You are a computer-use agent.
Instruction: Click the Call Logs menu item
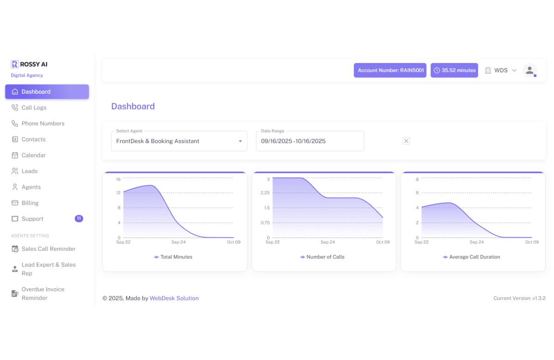pyautogui.click(x=34, y=108)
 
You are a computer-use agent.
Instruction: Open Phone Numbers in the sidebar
pyautogui.click(x=42, y=123)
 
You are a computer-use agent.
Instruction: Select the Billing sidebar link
pyautogui.click(x=30, y=203)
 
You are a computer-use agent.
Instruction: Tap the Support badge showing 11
pyautogui.click(x=79, y=219)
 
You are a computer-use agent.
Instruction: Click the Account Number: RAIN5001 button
pyautogui.click(x=390, y=70)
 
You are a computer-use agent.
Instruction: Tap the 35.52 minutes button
pyautogui.click(x=454, y=70)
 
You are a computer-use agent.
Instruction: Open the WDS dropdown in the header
pyautogui.click(x=501, y=70)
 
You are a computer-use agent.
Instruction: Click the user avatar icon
pyautogui.click(x=530, y=70)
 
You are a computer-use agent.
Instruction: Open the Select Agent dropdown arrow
pyautogui.click(x=240, y=141)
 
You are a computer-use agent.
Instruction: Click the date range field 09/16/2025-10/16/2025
pyautogui.click(x=310, y=141)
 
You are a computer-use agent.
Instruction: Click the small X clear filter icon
pyautogui.click(x=406, y=141)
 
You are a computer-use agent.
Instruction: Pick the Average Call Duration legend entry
pyautogui.click(x=471, y=257)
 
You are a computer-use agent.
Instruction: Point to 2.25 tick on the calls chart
pyautogui.click(x=265, y=192)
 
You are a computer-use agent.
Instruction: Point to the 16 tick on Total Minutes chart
pyautogui.click(x=118, y=179)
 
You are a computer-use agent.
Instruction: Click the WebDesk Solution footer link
pyautogui.click(x=174, y=298)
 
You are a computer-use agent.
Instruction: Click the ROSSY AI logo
pyautogui.click(x=29, y=64)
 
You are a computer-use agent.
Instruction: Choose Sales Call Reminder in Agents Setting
pyautogui.click(x=48, y=249)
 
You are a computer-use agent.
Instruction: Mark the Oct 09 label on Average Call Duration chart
pyautogui.click(x=532, y=242)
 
